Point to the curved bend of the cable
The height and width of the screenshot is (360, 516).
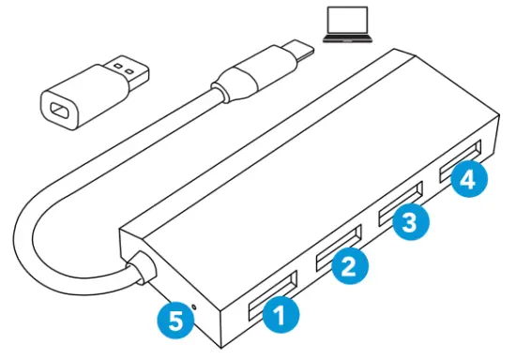pyautogui.click(x=38, y=225)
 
